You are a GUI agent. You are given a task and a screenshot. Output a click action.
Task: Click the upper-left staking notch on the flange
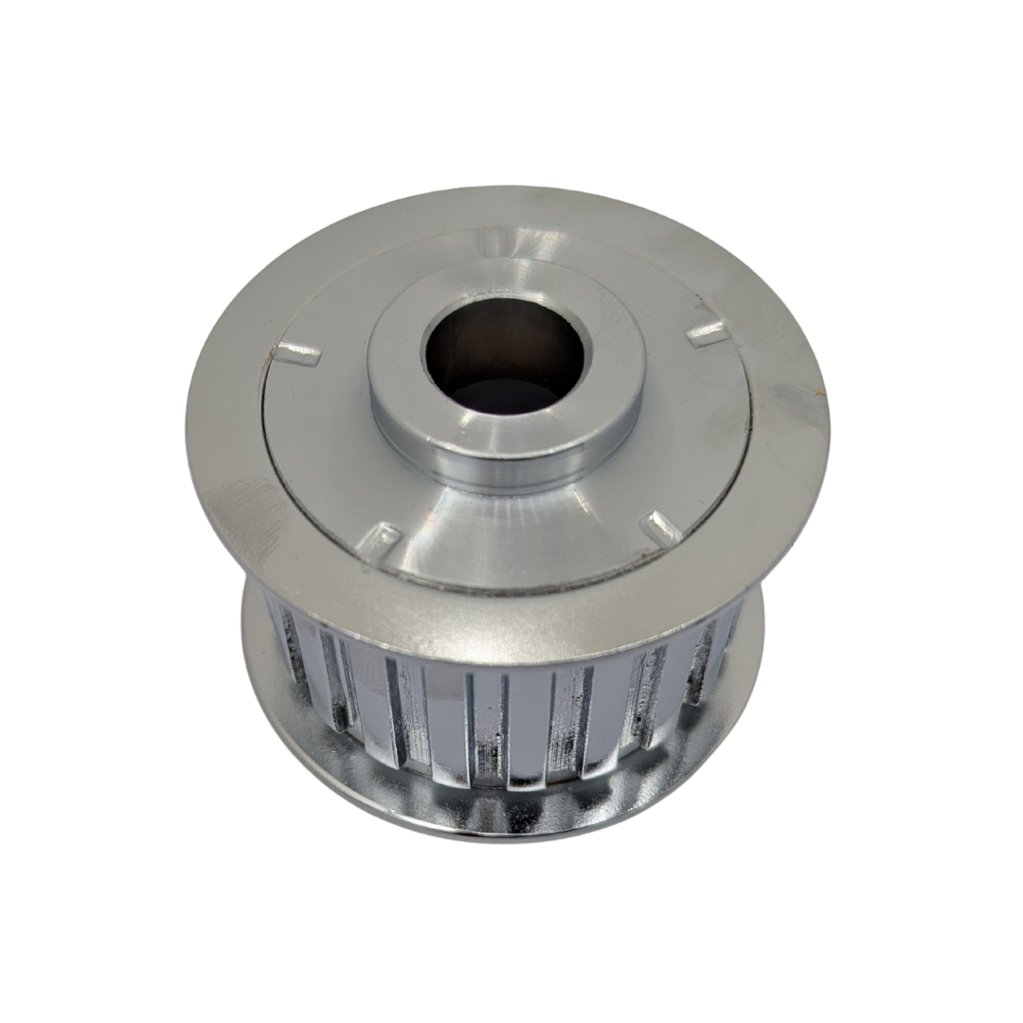pos(297,355)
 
